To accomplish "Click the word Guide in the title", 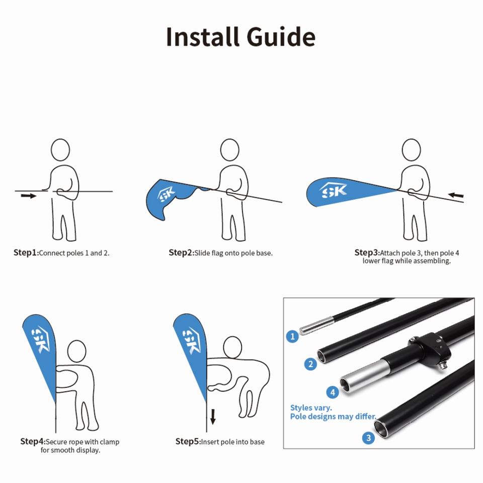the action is [281, 37].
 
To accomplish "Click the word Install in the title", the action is [203, 37].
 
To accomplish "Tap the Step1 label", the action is [26, 253].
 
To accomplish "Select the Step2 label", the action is [181, 253].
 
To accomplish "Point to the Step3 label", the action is [367, 253].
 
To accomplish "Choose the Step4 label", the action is [33, 441].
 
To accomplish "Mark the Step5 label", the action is [188, 441].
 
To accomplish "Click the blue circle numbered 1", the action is [292, 336].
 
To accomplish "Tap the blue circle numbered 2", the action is [310, 364].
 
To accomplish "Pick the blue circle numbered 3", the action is [368, 438].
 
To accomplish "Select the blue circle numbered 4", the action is [333, 392].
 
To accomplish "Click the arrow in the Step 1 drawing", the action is [29, 196].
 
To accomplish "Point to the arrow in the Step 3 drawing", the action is [456, 195].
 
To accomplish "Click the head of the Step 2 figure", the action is [230, 150].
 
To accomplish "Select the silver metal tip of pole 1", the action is [316, 326].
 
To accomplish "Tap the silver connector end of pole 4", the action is [360, 376].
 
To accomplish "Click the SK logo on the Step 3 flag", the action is [333, 190].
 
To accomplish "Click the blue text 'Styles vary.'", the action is [311, 408].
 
